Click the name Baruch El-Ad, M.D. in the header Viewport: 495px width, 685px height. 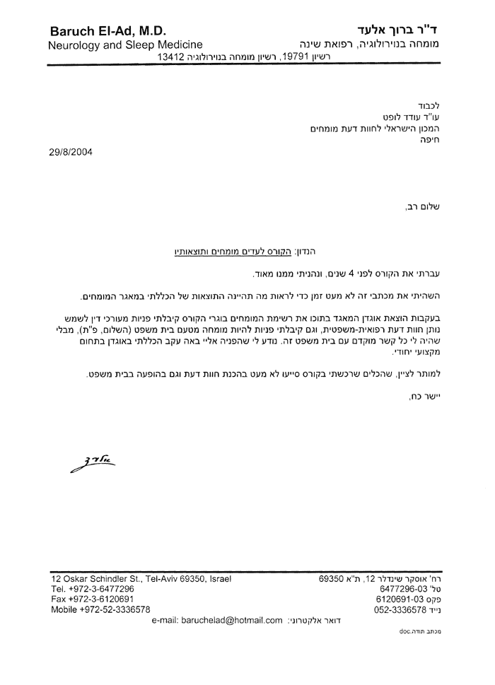(x=108, y=31)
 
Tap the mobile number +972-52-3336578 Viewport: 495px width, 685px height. (x=112, y=609)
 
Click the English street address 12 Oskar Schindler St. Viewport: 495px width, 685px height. (x=95, y=578)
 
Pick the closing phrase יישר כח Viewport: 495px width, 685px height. (x=424, y=397)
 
